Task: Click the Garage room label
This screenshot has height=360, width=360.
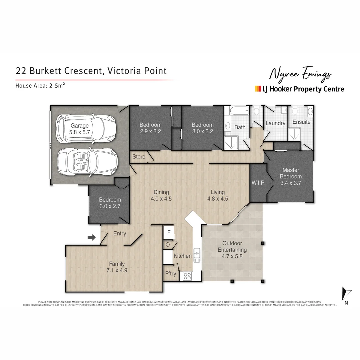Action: coord(79,129)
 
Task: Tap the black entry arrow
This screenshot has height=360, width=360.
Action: coord(91,237)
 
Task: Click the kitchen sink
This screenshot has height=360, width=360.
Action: coord(197,255)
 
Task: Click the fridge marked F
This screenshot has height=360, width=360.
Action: coord(169,232)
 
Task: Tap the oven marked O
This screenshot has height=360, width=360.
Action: coord(167,245)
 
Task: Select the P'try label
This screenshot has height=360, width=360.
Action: coord(171,274)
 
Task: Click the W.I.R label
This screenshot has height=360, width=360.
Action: coord(259,182)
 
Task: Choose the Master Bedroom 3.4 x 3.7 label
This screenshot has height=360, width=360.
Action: coord(291,176)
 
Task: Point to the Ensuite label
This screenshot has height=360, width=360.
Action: coord(301,122)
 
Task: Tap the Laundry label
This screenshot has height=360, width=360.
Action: coord(275,123)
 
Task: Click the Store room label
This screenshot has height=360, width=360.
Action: coord(139,156)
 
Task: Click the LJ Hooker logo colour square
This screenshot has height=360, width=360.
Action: coord(258,89)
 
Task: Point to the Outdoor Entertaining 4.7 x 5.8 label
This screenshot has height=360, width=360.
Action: coord(232,250)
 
